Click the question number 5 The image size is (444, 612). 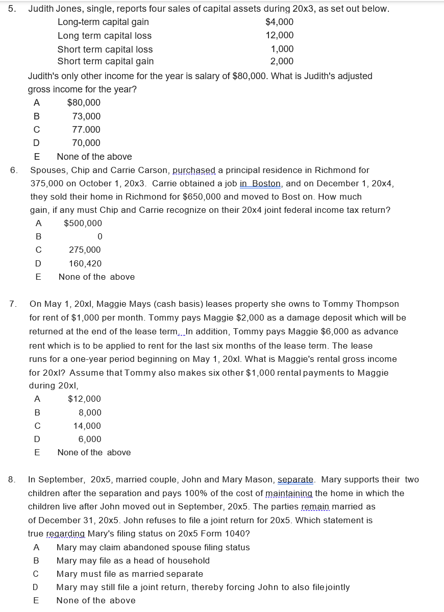11,9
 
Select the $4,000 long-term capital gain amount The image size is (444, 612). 279,22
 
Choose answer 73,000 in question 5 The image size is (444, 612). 86,116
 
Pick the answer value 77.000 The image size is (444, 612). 86,130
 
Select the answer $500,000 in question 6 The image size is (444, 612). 83,223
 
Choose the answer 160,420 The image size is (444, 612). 85,263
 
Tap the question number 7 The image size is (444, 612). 13,304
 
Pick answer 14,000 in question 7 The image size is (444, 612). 87,426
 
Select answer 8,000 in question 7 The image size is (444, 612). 90,412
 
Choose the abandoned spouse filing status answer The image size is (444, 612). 153,547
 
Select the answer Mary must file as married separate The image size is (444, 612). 130,574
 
